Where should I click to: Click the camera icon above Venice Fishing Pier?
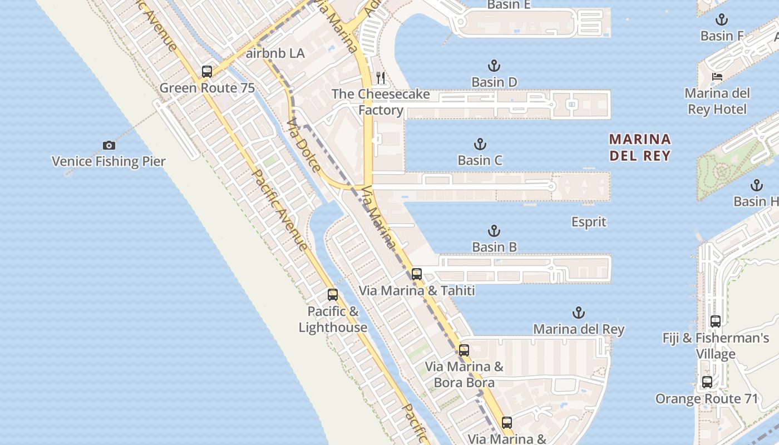click(109, 146)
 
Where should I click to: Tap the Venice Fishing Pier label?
click(109, 161)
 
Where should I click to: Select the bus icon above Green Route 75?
click(207, 71)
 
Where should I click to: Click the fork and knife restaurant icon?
click(381, 77)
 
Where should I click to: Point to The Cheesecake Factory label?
click(381, 102)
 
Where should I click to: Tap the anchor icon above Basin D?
click(494, 66)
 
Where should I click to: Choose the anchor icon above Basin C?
click(480, 145)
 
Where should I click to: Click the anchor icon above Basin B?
click(494, 231)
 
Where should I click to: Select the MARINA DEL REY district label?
click(640, 147)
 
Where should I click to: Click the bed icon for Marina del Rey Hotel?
click(717, 76)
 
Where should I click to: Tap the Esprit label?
click(589, 222)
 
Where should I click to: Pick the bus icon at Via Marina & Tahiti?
click(416, 274)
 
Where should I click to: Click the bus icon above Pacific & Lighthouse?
click(333, 295)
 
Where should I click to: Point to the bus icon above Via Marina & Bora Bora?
click(464, 350)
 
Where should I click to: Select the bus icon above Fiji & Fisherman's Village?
click(716, 322)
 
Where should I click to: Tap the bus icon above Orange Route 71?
click(707, 382)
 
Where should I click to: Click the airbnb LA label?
click(275, 53)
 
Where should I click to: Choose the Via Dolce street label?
click(304, 145)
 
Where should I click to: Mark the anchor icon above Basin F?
click(722, 20)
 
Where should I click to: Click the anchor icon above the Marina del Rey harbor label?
click(579, 313)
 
